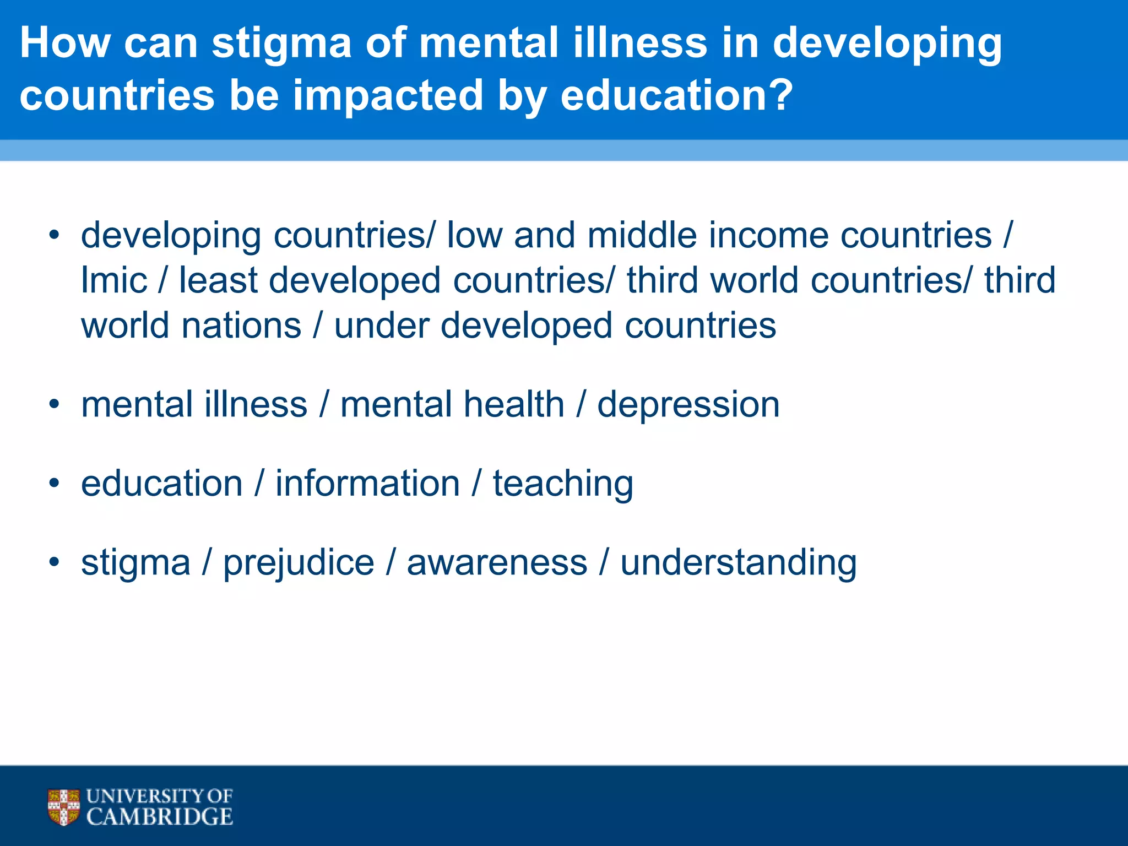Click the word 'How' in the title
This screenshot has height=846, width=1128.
coord(64,44)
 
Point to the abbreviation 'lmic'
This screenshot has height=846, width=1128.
coord(114,280)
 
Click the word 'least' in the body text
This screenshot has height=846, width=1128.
coord(218,280)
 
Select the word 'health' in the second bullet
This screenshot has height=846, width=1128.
coord(514,404)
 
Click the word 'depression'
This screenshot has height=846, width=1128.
coord(688,405)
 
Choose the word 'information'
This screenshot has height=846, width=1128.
coord(367,484)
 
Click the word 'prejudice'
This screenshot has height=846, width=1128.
coord(299,563)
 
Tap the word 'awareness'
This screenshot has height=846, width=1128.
coord(497,562)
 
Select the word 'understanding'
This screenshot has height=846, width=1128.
coord(738,563)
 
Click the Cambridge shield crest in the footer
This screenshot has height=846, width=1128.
coord(64,807)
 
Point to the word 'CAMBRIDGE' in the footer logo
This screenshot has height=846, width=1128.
coord(160,817)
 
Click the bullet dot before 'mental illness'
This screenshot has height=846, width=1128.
coord(53,405)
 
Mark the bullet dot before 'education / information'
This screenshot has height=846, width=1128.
coord(53,484)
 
